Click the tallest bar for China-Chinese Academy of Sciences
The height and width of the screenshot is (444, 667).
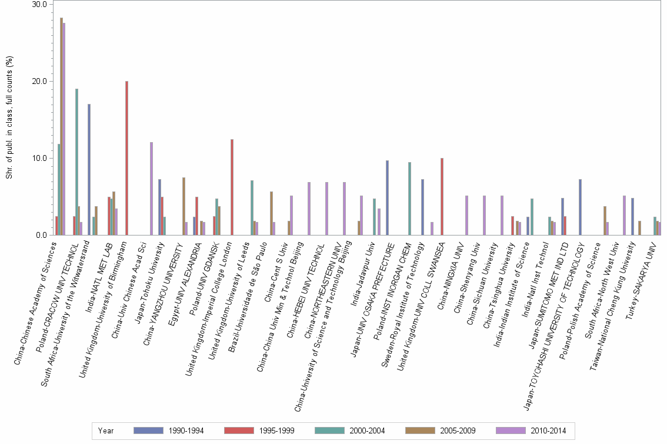coord(61,126)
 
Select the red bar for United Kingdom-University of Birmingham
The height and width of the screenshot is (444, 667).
coord(126,158)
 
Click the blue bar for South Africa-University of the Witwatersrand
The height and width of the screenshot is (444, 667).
coord(89,170)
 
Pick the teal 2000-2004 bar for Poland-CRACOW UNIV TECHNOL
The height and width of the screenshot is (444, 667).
coord(76,162)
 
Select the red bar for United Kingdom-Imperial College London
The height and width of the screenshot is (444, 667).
coord(232,187)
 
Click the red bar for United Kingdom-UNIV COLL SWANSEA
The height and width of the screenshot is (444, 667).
coord(442,197)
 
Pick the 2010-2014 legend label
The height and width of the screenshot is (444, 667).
coord(548,430)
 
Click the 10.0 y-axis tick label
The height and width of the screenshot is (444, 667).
coord(39,158)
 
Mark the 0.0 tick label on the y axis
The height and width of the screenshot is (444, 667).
coord(41,235)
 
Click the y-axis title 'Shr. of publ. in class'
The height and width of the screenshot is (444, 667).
coord(9,117)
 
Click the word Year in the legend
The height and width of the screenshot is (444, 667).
coord(106,430)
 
